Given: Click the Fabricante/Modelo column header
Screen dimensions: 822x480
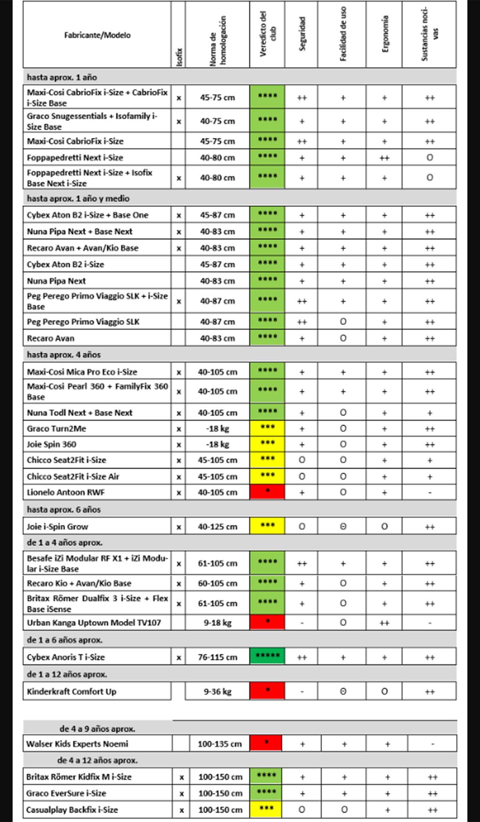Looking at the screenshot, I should [x=97, y=35].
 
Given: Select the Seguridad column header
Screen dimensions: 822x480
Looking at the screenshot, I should [x=302, y=34].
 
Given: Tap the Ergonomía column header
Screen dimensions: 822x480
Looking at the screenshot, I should [x=385, y=34].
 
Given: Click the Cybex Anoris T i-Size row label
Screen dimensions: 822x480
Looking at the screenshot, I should [x=66, y=657].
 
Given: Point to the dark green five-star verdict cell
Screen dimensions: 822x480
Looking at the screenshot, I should [x=267, y=656].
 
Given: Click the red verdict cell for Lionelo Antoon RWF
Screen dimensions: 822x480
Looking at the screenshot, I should [x=267, y=492].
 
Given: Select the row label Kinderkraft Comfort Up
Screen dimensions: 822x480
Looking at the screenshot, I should [x=71, y=691].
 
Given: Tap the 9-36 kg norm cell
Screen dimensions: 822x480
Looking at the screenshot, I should [x=217, y=691].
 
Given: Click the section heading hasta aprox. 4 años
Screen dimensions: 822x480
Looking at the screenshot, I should [x=64, y=355].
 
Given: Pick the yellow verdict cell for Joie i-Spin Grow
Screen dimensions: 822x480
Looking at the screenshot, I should [x=267, y=526].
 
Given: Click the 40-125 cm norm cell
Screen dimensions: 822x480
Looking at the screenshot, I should [x=217, y=527].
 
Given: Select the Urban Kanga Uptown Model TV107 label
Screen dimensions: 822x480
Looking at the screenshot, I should [x=94, y=623].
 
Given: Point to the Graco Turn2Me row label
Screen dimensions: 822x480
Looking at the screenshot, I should [x=56, y=428].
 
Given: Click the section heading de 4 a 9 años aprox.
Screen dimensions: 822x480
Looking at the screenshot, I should [x=97, y=729].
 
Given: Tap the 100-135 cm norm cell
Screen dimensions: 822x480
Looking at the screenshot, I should [x=220, y=744].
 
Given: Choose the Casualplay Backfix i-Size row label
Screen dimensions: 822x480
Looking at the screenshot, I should [x=72, y=810].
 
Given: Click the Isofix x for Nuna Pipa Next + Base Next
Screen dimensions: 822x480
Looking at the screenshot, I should [x=178, y=232].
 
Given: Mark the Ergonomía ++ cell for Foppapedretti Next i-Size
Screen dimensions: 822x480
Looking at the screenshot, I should [x=384, y=158].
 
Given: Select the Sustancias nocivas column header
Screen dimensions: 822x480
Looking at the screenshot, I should [x=429, y=34].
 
